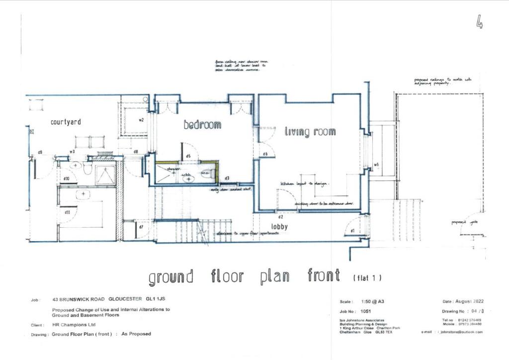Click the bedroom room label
coord(202,125)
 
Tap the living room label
coord(310,132)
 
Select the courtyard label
coord(66,122)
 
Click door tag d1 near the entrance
coord(352,231)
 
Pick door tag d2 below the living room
coord(281,217)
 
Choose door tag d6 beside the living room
coord(265,154)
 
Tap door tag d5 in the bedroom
coord(188,156)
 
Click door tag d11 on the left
coord(67,212)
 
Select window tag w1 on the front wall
coord(376,165)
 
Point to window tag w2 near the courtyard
coord(141,120)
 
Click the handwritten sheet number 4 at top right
coord(479,22)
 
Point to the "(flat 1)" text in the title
coord(367,277)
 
